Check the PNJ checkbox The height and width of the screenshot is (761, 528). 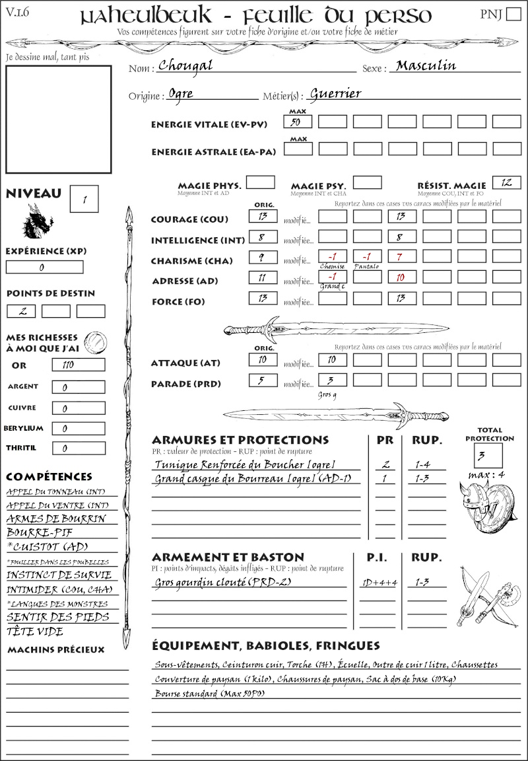(x=513, y=14)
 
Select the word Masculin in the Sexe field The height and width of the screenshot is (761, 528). (x=426, y=66)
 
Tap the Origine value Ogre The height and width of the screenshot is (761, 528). (x=181, y=94)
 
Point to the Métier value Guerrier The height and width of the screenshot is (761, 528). (x=335, y=94)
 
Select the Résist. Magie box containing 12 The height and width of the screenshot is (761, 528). (x=506, y=182)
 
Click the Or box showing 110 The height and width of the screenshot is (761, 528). (x=78, y=365)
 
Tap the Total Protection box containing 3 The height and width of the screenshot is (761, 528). (x=488, y=455)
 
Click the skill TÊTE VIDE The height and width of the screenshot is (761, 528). (x=35, y=632)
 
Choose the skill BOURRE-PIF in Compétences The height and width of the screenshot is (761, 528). (x=40, y=532)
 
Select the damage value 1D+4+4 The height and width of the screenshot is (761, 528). (x=379, y=583)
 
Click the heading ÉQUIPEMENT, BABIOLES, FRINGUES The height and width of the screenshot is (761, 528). (x=266, y=645)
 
